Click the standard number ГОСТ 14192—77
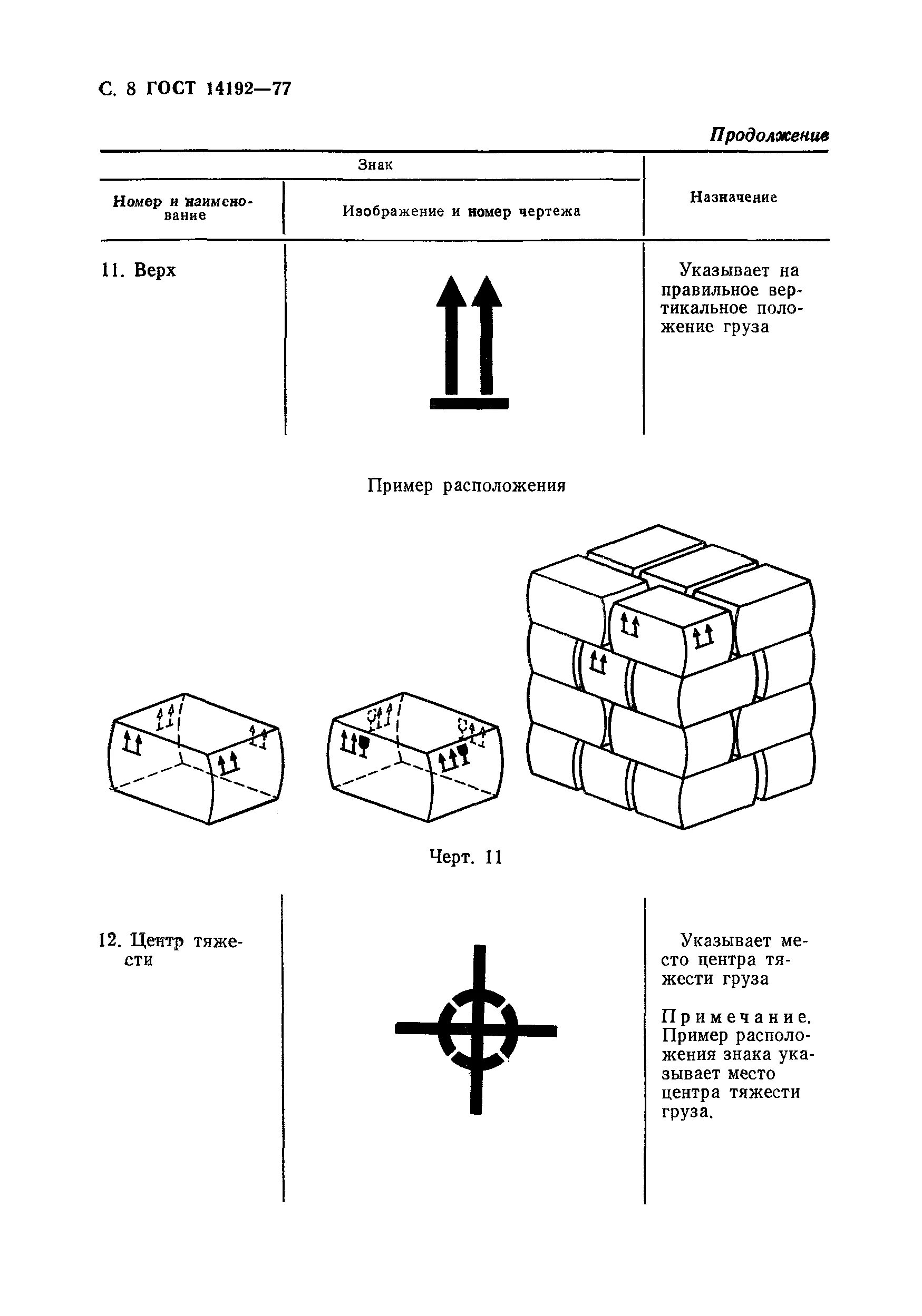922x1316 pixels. tap(218, 90)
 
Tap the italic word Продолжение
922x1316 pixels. tap(769, 135)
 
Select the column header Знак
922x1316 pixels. tap(375, 165)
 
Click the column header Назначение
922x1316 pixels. tap(733, 197)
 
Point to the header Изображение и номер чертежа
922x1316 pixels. tap(462, 211)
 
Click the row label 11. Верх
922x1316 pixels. tap(138, 271)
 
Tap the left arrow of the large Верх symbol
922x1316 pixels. tap(451, 335)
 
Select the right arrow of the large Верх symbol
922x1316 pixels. tap(486, 335)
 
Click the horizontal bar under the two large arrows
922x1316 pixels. tap(469, 403)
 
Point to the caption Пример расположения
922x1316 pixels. tap(466, 486)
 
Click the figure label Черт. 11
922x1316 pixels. tap(465, 858)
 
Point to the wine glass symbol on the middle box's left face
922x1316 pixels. tap(363, 744)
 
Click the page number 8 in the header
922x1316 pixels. tap(131, 90)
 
